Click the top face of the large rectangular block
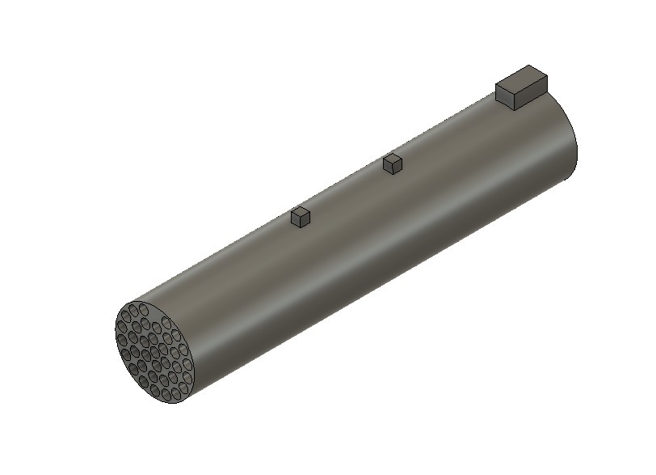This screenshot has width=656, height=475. coord(522,78)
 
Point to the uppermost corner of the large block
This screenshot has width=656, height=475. coord(529,66)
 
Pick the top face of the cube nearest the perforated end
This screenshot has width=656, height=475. coord(301,212)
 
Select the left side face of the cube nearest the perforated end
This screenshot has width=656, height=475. coord(296,220)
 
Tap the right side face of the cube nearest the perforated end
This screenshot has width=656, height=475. coord(305,220)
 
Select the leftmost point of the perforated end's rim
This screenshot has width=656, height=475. coord(116,332)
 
